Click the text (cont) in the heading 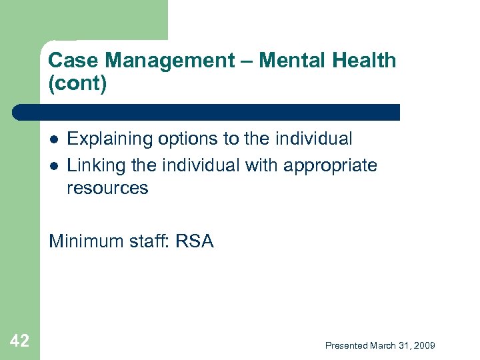coord(77,85)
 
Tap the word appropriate coord(331,165)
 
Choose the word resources coord(107,188)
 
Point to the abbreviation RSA coord(194,241)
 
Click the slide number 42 coord(20,341)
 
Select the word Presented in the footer coord(347,345)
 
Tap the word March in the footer coord(384,345)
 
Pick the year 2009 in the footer coord(425,345)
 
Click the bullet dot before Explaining coord(54,140)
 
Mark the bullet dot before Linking coord(54,165)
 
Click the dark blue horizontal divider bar coord(207,112)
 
